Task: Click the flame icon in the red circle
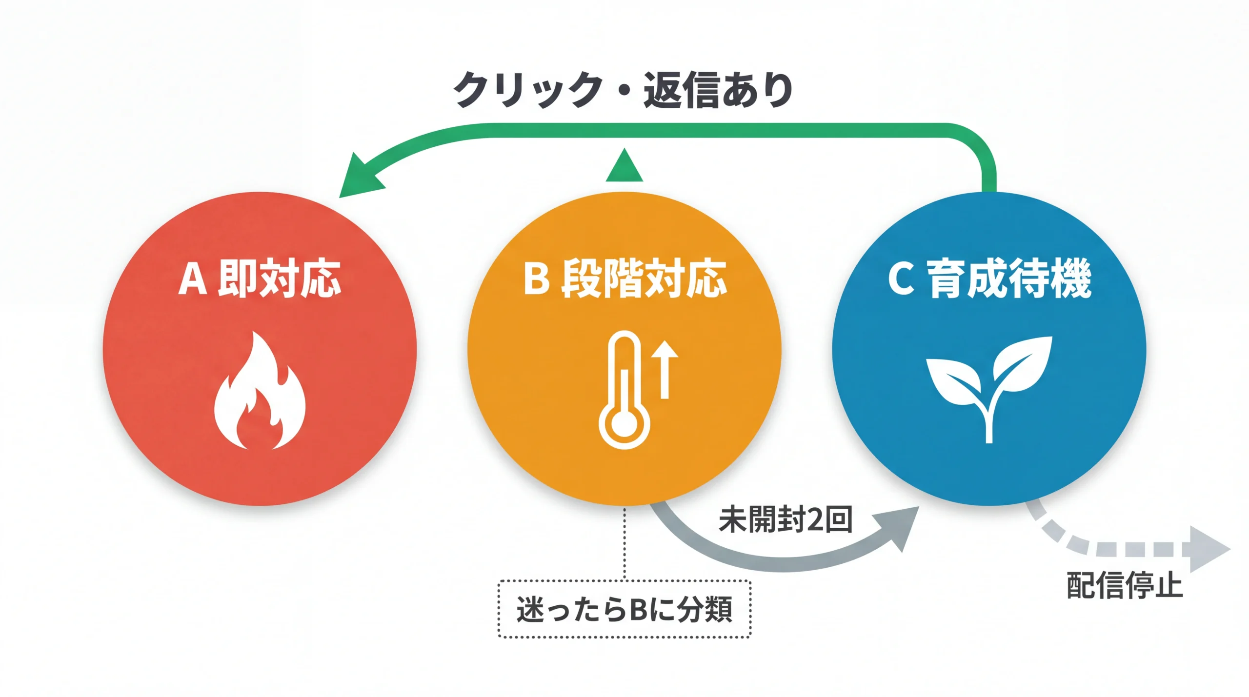pos(260,393)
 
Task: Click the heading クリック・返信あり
pos(623,90)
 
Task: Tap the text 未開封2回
pos(785,520)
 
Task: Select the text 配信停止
pos(1124,585)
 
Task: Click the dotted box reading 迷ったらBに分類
pos(624,609)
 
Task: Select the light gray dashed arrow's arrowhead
pos(1208,549)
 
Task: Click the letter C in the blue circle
pos(901,279)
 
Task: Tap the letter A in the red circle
pos(192,279)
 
